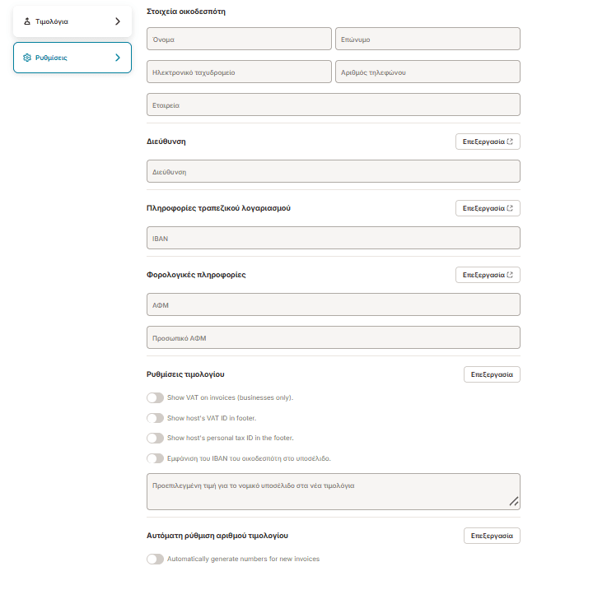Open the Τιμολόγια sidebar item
click(x=72, y=21)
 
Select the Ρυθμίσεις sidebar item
click(x=72, y=58)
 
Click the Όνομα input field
click(x=239, y=39)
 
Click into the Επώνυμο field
click(x=427, y=39)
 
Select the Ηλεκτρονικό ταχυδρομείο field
click(x=239, y=72)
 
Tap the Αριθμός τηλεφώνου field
click(x=427, y=72)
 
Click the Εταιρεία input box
click(x=333, y=104)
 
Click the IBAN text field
click(x=333, y=238)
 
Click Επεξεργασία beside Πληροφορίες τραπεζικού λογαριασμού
click(x=488, y=208)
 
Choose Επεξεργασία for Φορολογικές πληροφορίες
click(x=488, y=275)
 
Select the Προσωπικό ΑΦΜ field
click(x=333, y=337)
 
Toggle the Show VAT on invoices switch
click(x=155, y=397)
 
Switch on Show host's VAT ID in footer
click(x=155, y=418)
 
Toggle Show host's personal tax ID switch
click(x=155, y=438)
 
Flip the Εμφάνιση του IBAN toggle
click(x=155, y=458)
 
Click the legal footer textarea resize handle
click(x=513, y=501)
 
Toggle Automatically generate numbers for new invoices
click(x=155, y=559)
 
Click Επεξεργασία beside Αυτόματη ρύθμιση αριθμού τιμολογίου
click(x=492, y=536)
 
